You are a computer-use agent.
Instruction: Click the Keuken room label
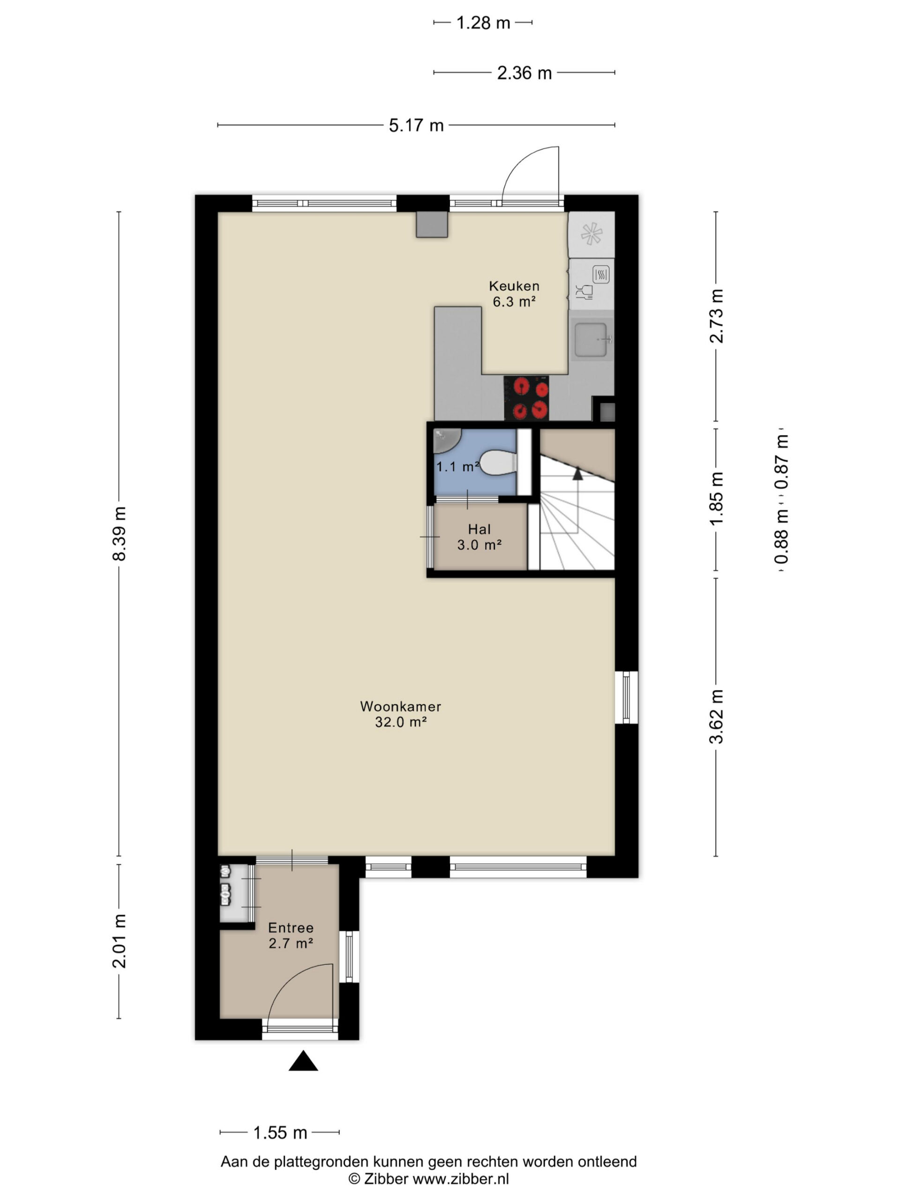(x=514, y=286)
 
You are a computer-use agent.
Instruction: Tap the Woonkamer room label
(x=400, y=706)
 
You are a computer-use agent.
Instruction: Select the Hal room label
(x=480, y=529)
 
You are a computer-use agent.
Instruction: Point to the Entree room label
(x=291, y=928)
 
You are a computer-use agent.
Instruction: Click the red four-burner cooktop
(x=526, y=398)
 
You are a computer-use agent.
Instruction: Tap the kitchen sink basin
(x=591, y=340)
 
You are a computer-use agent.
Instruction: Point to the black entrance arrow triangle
(x=303, y=1061)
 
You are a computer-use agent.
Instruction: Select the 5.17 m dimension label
(x=416, y=126)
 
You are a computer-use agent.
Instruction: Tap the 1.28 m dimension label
(x=483, y=23)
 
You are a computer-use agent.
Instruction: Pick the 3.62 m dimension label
(x=717, y=716)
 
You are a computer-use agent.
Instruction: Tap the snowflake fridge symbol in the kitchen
(x=591, y=234)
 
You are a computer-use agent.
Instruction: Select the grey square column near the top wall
(x=432, y=224)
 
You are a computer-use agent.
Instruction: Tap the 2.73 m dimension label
(x=717, y=316)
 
